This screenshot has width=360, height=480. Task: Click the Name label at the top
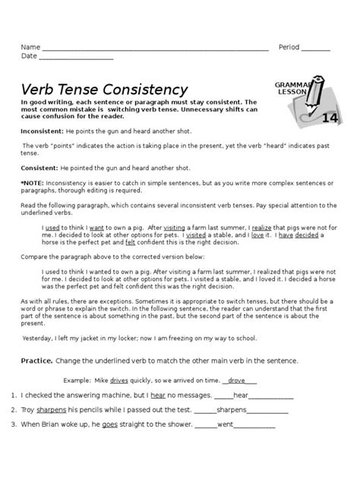(x=30, y=46)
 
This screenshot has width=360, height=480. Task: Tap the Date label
(x=29, y=56)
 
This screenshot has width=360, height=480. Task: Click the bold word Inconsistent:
(x=43, y=132)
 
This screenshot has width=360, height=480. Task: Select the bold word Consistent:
(x=39, y=168)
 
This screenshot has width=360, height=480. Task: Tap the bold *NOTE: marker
(x=33, y=183)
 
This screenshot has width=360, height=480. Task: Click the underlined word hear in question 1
(x=159, y=396)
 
